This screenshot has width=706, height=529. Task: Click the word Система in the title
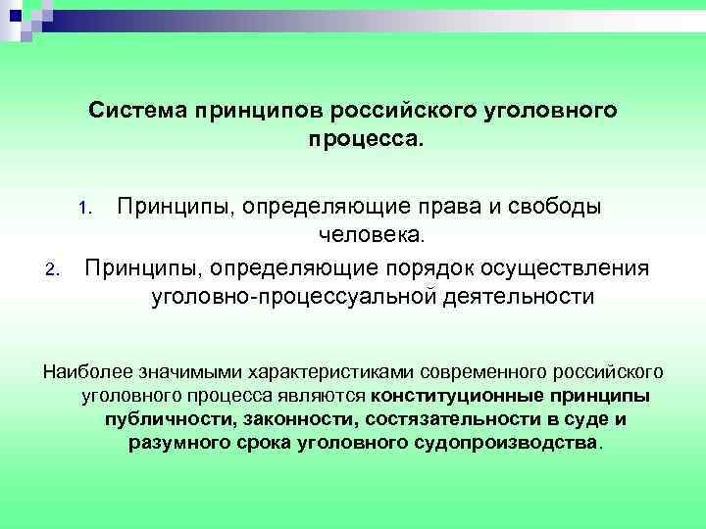point(135,111)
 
